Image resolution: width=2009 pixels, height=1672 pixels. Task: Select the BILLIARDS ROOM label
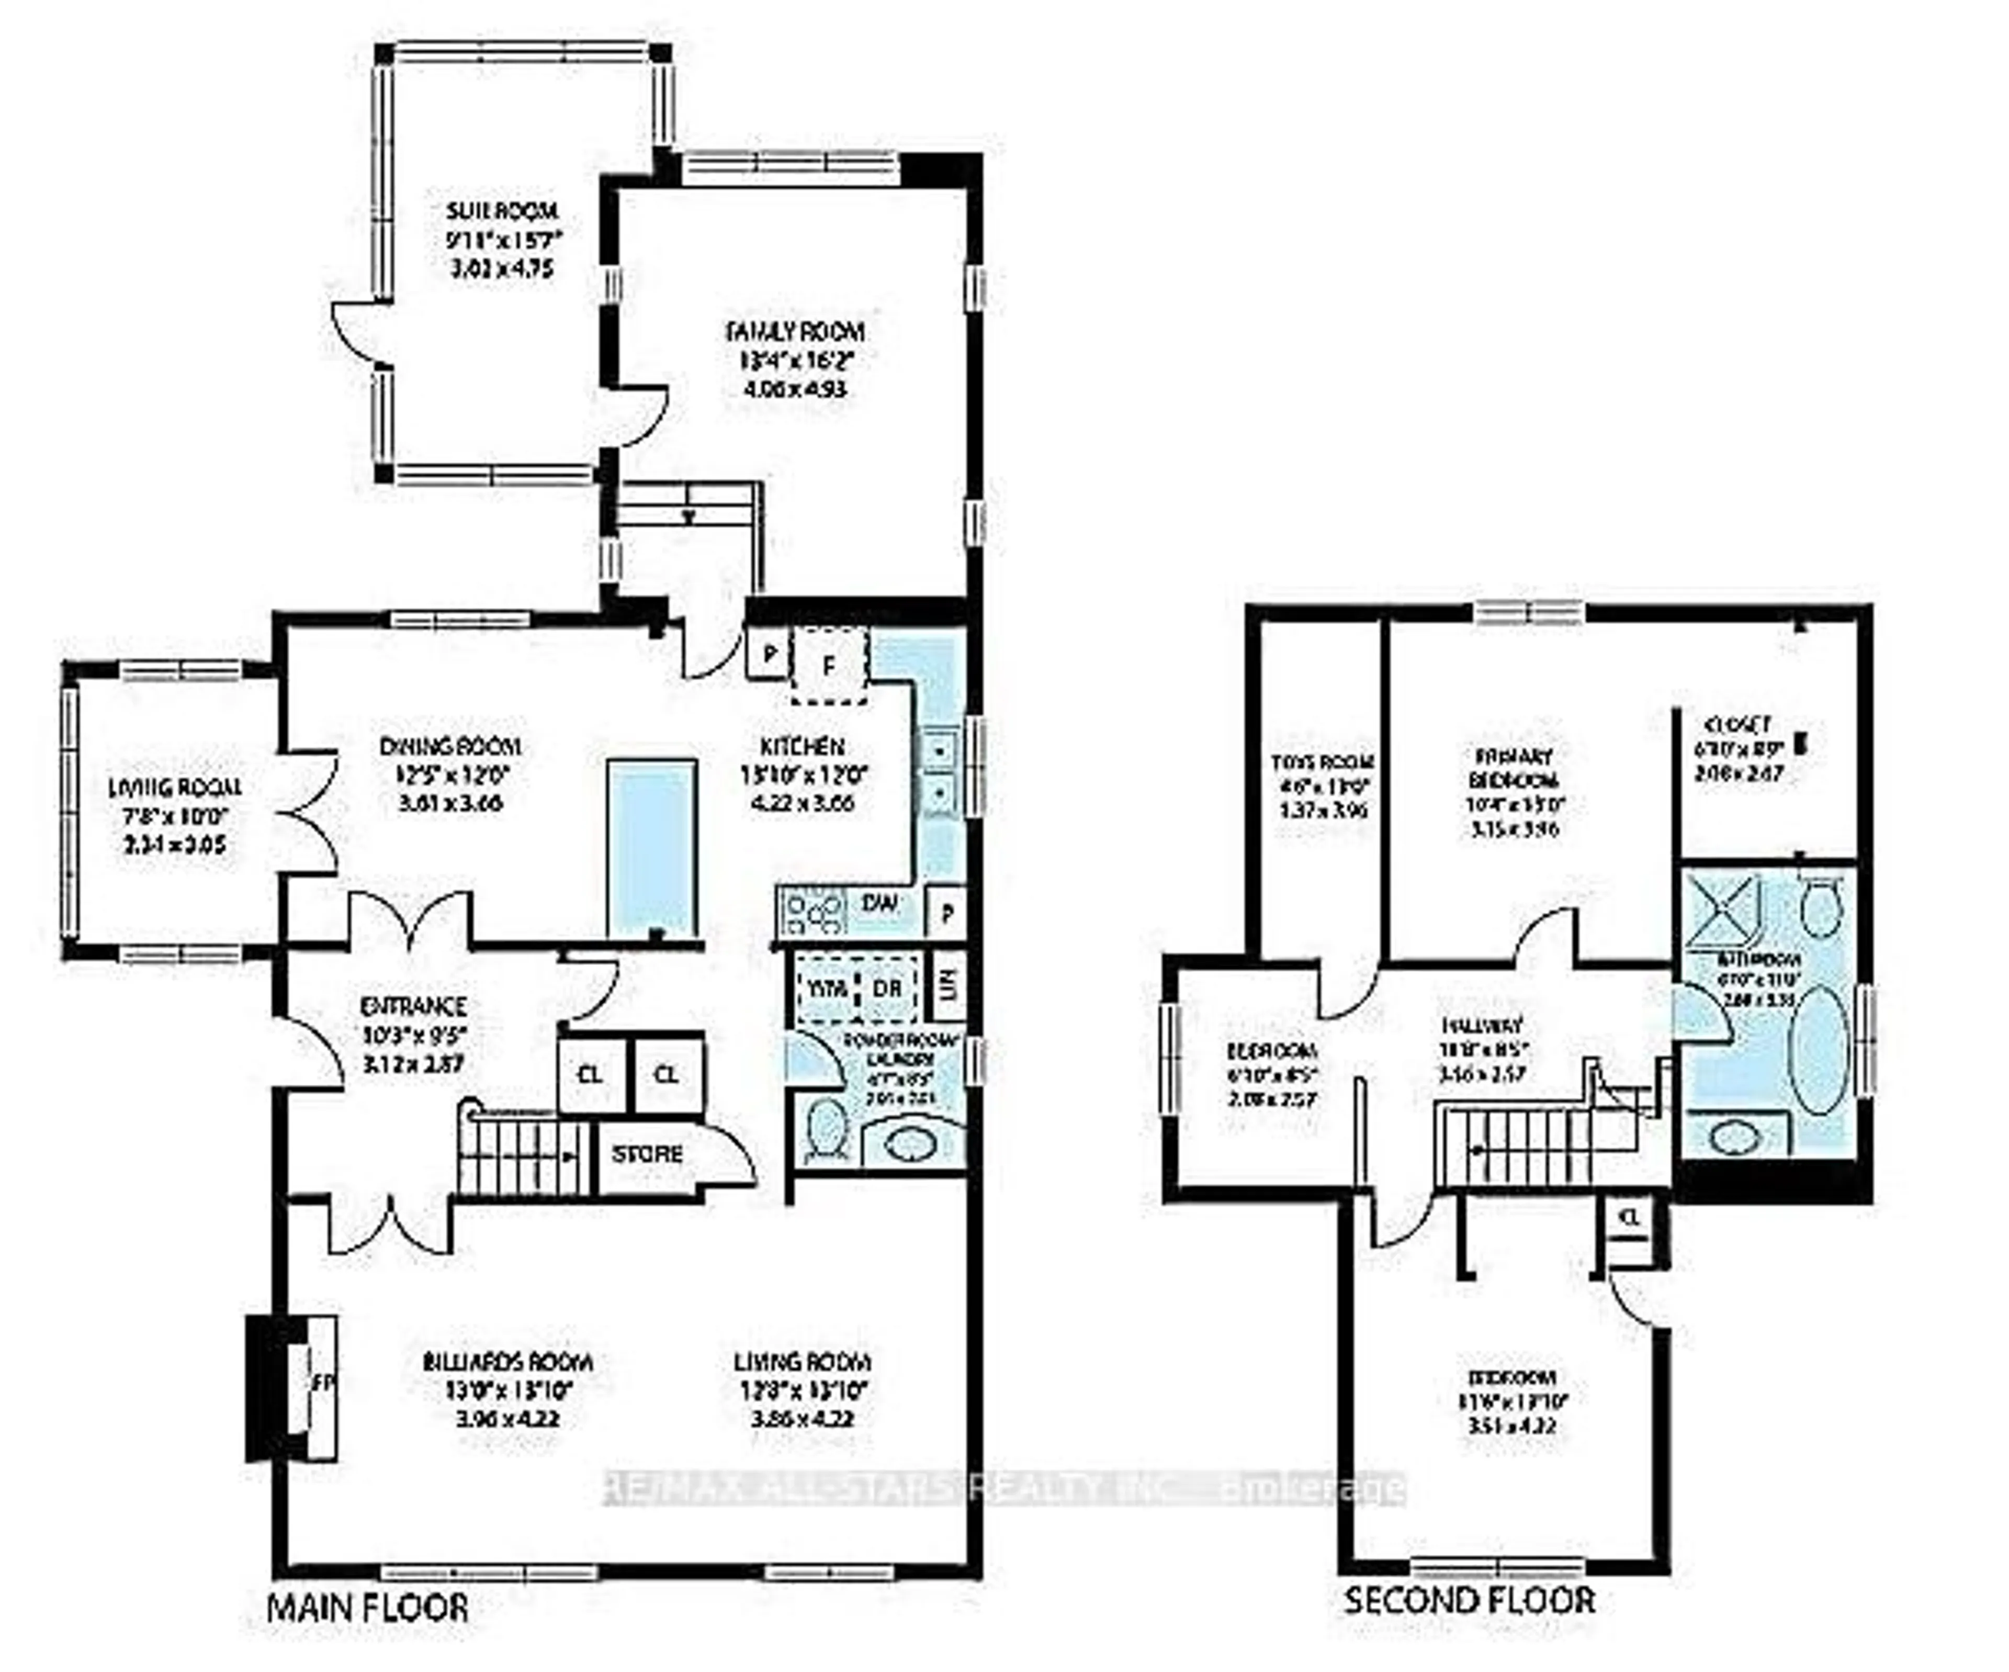508,1362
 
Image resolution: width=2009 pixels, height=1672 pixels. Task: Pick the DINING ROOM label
449,747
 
